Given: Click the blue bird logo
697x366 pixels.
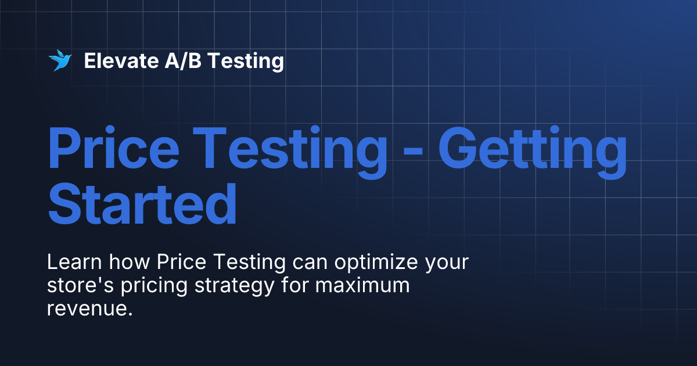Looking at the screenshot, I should (x=59, y=60).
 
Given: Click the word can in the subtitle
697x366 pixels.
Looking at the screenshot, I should (x=308, y=263).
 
